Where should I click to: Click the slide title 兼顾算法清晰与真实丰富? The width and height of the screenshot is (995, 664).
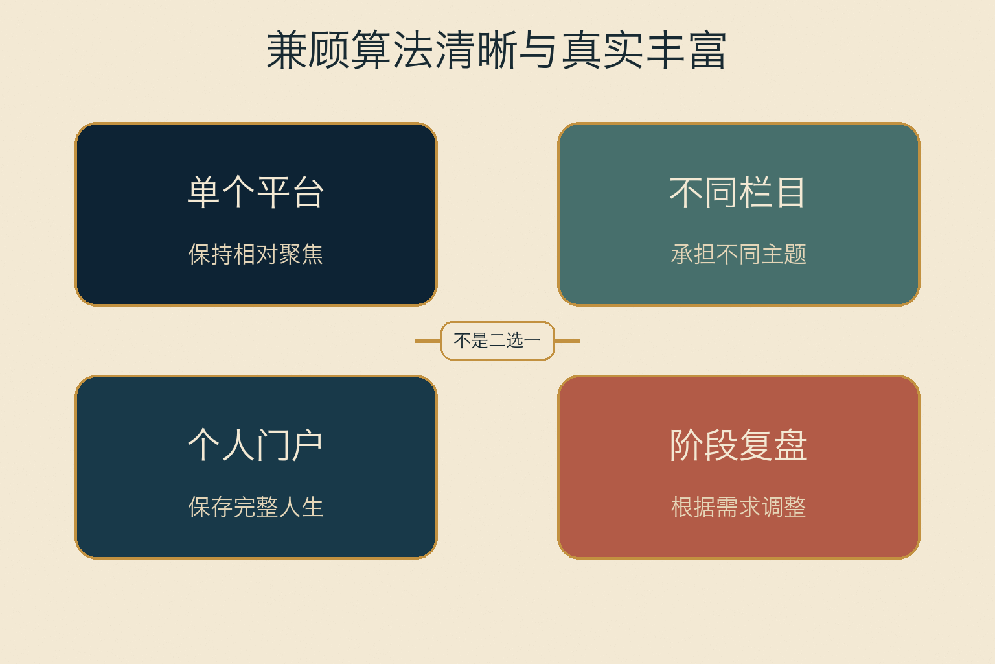tap(497, 50)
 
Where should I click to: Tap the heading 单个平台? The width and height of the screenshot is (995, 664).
tap(256, 192)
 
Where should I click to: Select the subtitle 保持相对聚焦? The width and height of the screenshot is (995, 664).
tap(256, 254)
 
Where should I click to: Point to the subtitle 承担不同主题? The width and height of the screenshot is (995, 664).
tap(738, 254)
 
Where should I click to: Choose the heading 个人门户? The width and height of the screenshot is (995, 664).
tap(256, 445)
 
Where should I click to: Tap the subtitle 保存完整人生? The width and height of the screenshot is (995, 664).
tap(256, 507)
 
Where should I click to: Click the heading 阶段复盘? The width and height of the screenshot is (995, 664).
tap(738, 445)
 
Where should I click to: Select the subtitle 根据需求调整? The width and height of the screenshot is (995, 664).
tap(738, 507)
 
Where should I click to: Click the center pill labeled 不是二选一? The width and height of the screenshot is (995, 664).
tap(497, 340)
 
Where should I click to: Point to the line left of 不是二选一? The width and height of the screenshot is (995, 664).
tap(428, 341)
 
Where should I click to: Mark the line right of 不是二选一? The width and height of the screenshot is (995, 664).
tap(567, 341)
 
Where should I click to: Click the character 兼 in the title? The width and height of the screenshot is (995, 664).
tap(286, 50)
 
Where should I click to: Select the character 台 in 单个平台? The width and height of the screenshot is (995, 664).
tap(308, 192)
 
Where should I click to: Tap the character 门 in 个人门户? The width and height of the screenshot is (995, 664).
tap(273, 445)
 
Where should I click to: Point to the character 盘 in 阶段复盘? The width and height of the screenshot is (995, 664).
tap(791, 445)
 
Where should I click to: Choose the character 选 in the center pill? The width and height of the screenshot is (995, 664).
tap(514, 340)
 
